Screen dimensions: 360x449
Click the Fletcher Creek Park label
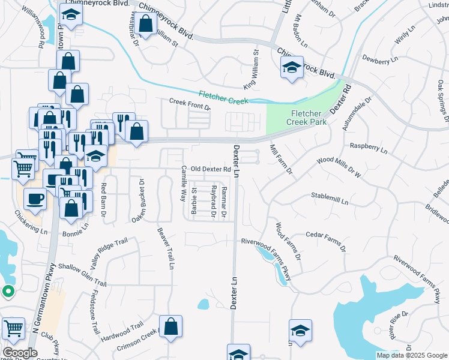(309, 118)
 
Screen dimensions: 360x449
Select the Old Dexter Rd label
(211, 170)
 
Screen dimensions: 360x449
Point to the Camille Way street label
(184, 182)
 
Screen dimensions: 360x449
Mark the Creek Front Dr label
(190, 104)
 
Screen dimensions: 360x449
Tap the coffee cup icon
(34, 198)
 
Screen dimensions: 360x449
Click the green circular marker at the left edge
(8, 292)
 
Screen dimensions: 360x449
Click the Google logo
(20, 352)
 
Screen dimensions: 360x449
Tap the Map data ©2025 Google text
(411, 355)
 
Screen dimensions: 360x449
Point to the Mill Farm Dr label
(280, 159)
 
